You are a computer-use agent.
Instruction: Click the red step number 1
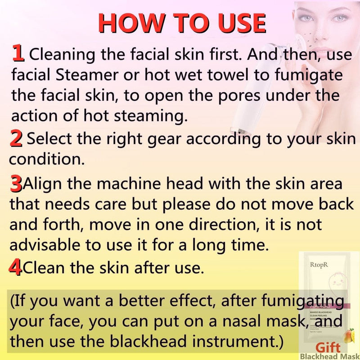(18, 53)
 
